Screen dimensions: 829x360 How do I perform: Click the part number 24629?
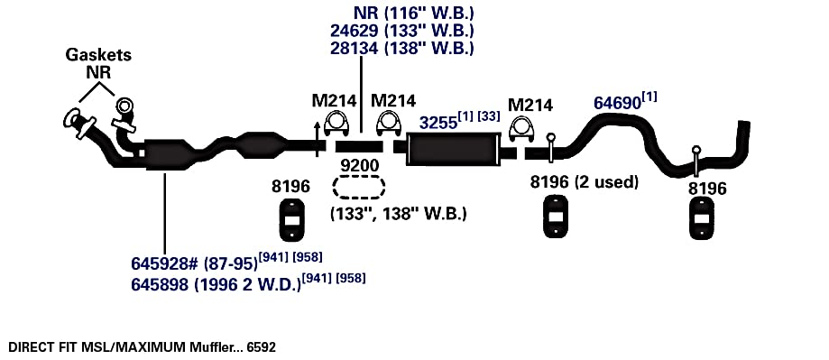355,30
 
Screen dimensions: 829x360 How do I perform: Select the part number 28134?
355,48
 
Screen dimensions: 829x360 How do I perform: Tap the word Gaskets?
98,54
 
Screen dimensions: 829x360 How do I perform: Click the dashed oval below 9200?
358,187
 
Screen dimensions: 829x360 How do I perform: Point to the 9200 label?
360,166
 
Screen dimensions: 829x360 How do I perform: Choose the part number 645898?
160,284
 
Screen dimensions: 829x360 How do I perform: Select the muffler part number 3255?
438,123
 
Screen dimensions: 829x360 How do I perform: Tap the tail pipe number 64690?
617,103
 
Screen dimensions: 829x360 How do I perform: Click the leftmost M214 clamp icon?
335,125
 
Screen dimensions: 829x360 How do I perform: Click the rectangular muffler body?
453,150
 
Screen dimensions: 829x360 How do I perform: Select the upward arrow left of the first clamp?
317,140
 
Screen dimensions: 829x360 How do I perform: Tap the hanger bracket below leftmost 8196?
290,219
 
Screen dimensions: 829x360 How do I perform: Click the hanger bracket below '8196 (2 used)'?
555,217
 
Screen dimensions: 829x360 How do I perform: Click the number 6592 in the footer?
262,347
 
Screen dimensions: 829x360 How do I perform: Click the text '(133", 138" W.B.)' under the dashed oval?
399,214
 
